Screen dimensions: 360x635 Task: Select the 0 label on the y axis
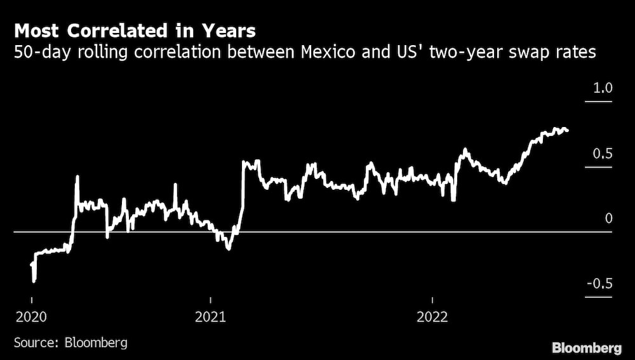pyautogui.click(x=608, y=219)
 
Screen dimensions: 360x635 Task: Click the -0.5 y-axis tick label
pyautogui.click(x=599, y=284)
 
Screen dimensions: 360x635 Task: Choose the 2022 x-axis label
pyautogui.click(x=432, y=317)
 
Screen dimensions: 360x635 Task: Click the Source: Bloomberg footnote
pyautogui.click(x=70, y=343)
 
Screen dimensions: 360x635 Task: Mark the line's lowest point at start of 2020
pyautogui.click(x=34, y=280)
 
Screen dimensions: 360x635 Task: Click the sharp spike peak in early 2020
pyautogui.click(x=77, y=177)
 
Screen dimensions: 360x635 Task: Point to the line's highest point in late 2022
pyautogui.click(x=556, y=129)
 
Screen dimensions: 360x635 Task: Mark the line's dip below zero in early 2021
pyautogui.click(x=227, y=248)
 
